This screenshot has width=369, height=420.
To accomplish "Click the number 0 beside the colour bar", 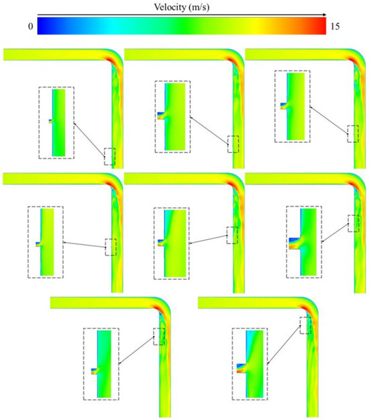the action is pyautogui.click(x=31, y=26).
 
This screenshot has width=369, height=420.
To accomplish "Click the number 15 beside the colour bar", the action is pyautogui.click(x=335, y=26).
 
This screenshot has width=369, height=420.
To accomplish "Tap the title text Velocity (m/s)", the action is pyautogui.click(x=182, y=7).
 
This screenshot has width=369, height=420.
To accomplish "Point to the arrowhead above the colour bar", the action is pyautogui.click(x=325, y=15).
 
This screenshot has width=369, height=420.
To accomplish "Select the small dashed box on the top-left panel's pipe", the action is pyautogui.click(x=109, y=156).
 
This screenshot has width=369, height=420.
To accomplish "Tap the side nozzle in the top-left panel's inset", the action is pyautogui.click(x=50, y=121).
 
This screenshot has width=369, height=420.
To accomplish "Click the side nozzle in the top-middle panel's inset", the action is pyautogui.click(x=161, y=115).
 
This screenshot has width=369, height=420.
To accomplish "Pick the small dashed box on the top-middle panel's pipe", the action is pyautogui.click(x=233, y=144).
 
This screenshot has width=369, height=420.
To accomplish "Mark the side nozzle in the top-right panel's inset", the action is pyautogui.click(x=284, y=106).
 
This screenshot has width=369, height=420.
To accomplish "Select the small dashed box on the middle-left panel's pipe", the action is pyautogui.click(x=111, y=247).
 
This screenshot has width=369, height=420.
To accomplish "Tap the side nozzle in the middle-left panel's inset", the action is pyautogui.click(x=38, y=244).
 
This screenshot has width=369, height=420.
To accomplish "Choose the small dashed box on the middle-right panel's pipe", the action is pyautogui.click(x=353, y=223).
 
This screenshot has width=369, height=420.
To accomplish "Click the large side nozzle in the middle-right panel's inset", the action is pyautogui.click(x=295, y=244).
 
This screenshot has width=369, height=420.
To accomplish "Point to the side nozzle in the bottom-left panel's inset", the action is pyautogui.click(x=94, y=371).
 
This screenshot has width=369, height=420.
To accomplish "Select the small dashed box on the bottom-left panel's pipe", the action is pyautogui.click(x=159, y=336).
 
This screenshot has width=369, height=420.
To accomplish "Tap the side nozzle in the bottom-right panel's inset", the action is pyautogui.click(x=242, y=368).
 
